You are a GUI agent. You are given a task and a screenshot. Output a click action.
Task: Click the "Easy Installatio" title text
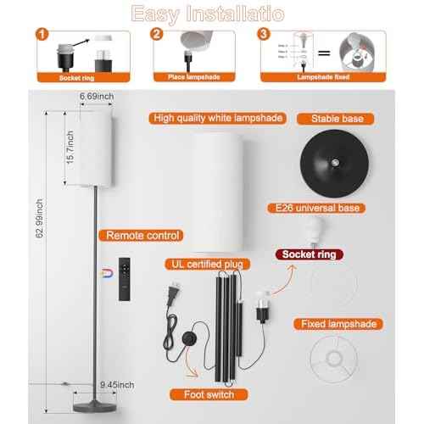click(212, 13)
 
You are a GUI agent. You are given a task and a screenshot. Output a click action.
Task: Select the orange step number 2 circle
click(156, 35)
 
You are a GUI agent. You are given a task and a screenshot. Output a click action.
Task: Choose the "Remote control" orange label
click(140, 235)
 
